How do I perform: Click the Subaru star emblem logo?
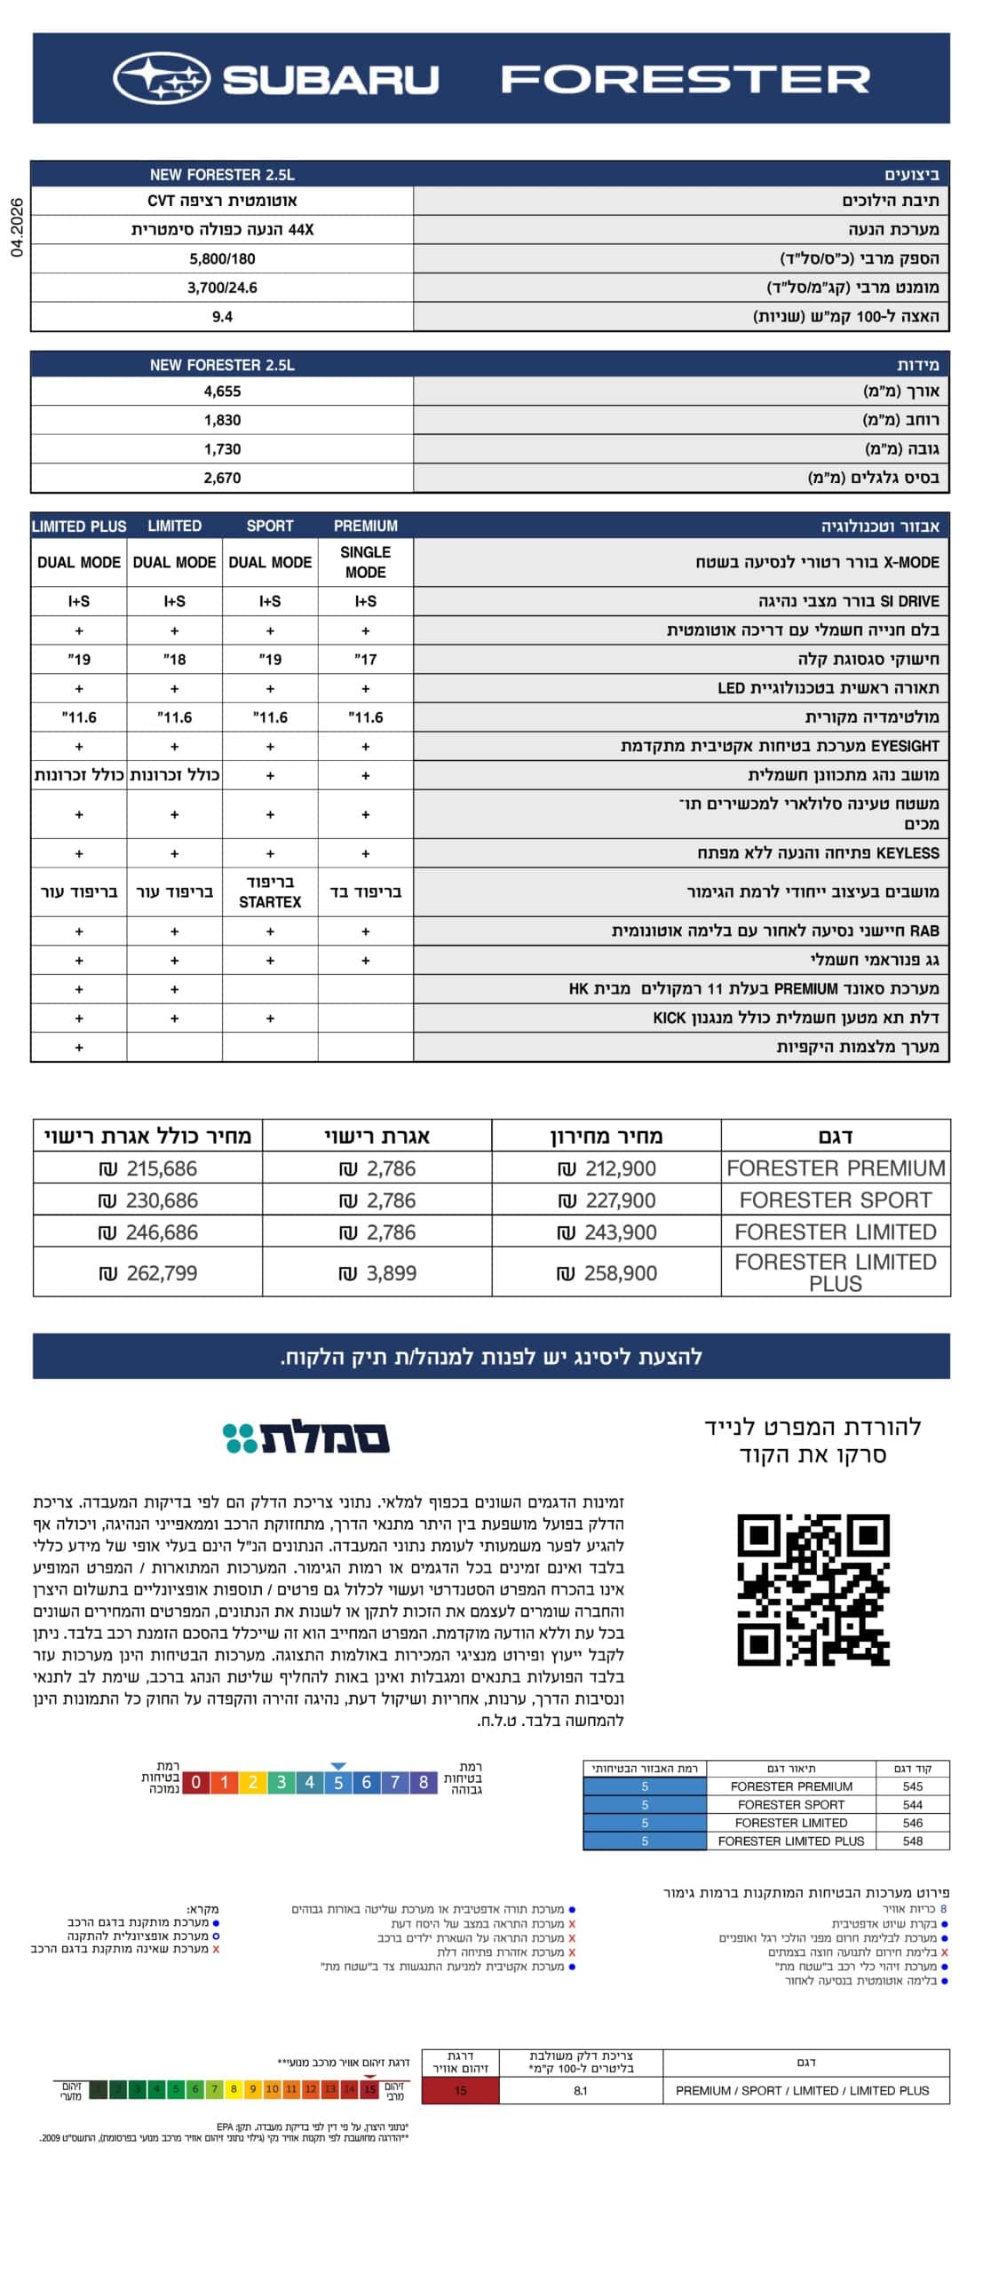click(x=161, y=78)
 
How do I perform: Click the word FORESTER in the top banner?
click(x=685, y=79)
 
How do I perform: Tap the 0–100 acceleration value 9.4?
click(x=222, y=316)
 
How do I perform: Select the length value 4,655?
click(x=222, y=392)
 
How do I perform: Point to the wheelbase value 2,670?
click(x=222, y=478)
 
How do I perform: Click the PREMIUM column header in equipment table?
click(x=365, y=526)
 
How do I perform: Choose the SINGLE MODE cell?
click(x=365, y=562)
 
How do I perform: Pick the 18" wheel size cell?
click(x=174, y=659)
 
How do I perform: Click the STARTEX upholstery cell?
click(x=270, y=891)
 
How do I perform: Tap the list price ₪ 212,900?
click(x=607, y=1168)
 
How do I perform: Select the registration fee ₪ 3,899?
click(x=378, y=1272)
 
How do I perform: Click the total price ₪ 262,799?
click(x=148, y=1272)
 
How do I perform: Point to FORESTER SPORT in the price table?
click(x=835, y=1200)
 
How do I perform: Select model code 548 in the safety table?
click(x=912, y=1841)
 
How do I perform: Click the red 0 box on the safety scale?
click(x=195, y=1781)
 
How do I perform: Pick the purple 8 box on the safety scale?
click(x=424, y=1781)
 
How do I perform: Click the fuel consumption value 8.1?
click(x=580, y=2090)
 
